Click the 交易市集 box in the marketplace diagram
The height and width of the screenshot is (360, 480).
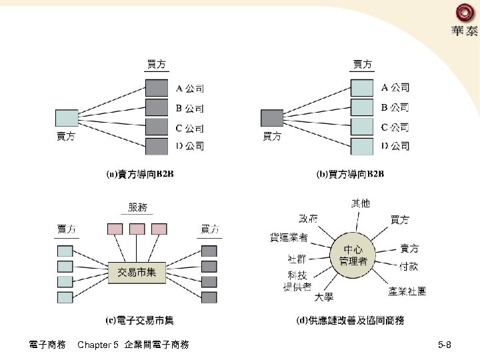(x=137, y=272)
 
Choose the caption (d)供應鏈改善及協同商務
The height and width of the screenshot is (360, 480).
(x=350, y=321)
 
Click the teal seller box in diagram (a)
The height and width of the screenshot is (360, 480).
(x=67, y=118)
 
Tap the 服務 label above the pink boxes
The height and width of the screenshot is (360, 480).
(x=137, y=207)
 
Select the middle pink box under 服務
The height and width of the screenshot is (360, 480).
(x=137, y=229)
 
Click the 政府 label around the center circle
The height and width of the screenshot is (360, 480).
(x=308, y=218)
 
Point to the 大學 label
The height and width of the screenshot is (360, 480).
(x=324, y=297)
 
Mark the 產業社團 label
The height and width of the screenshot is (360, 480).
(x=407, y=291)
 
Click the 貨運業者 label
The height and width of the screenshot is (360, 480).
(x=288, y=237)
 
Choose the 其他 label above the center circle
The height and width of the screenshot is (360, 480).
(x=360, y=203)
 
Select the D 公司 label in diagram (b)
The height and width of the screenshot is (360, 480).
(x=395, y=145)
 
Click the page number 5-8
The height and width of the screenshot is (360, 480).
(x=445, y=345)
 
